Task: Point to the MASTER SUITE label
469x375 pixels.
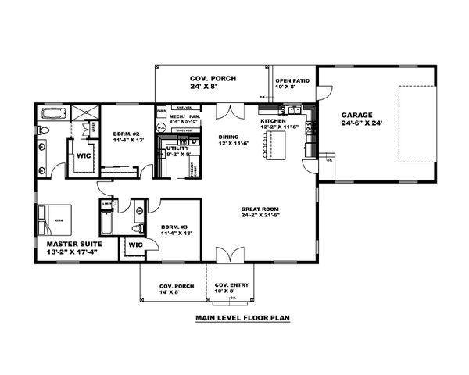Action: click(66, 245)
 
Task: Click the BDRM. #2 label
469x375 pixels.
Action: click(125, 132)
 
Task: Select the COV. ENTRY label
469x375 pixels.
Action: click(231, 285)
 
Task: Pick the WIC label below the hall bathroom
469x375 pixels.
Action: click(134, 245)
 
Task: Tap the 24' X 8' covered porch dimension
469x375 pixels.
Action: click(210, 88)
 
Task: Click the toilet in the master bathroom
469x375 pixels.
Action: click(43, 130)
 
